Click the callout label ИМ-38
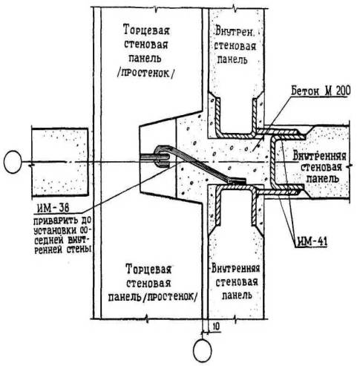point(53,209)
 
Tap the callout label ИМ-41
point(312,242)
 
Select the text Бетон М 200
point(321,92)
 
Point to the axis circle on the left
point(13,162)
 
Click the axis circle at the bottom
point(203,350)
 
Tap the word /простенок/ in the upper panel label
point(145,73)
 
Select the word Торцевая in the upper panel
point(146,31)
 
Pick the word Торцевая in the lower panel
point(148,269)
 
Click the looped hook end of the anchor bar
point(163,156)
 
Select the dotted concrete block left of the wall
point(59,163)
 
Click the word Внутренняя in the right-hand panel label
point(319,157)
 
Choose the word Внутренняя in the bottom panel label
point(235,269)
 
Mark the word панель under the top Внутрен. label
point(232,59)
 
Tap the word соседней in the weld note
point(48,241)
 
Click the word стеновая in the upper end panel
point(146,45)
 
